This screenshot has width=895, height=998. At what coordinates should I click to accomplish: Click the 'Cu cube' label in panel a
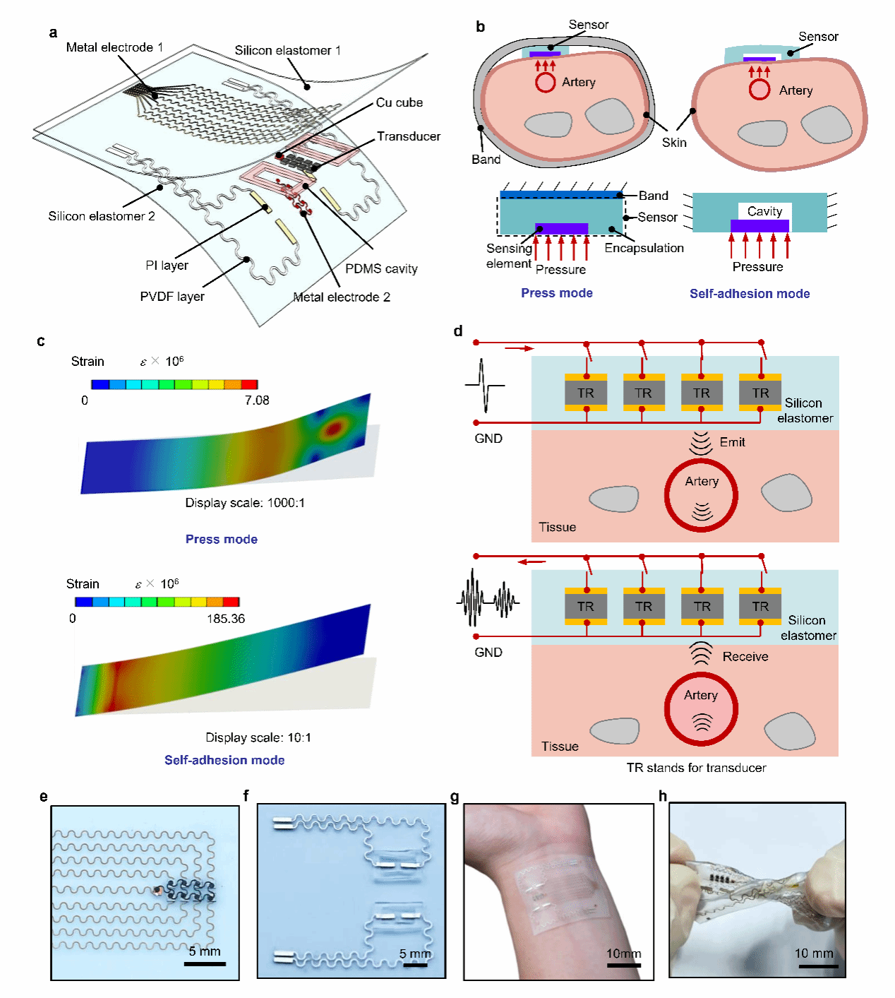[399, 102]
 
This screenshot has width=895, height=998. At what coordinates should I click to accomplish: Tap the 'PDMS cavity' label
[381, 268]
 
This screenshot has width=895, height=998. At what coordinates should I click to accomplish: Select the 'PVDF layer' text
[172, 297]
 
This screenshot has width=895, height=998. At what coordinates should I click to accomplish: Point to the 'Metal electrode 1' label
[114, 47]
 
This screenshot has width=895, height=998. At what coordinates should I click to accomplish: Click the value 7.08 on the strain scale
[257, 400]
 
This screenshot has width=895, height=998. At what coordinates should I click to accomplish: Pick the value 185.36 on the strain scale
[226, 619]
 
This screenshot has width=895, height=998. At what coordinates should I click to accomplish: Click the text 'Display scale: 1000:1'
[245, 503]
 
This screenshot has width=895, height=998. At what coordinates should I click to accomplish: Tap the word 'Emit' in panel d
[732, 442]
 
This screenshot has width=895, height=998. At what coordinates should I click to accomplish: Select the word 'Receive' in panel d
[745, 657]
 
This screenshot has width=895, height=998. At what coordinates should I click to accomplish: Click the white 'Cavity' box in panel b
[764, 211]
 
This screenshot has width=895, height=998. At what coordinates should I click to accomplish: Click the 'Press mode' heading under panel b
[557, 293]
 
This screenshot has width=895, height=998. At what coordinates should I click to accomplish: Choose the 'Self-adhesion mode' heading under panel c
[224, 760]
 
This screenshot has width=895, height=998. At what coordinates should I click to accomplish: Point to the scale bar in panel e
[205, 963]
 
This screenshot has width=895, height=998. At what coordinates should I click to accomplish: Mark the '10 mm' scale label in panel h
[814, 954]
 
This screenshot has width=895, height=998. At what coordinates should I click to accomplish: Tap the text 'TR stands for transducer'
[696, 768]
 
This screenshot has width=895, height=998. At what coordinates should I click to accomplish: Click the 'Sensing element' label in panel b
[508, 256]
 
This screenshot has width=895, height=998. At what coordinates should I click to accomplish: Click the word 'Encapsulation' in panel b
[644, 248]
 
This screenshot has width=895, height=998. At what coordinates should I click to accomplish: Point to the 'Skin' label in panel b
[674, 143]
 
